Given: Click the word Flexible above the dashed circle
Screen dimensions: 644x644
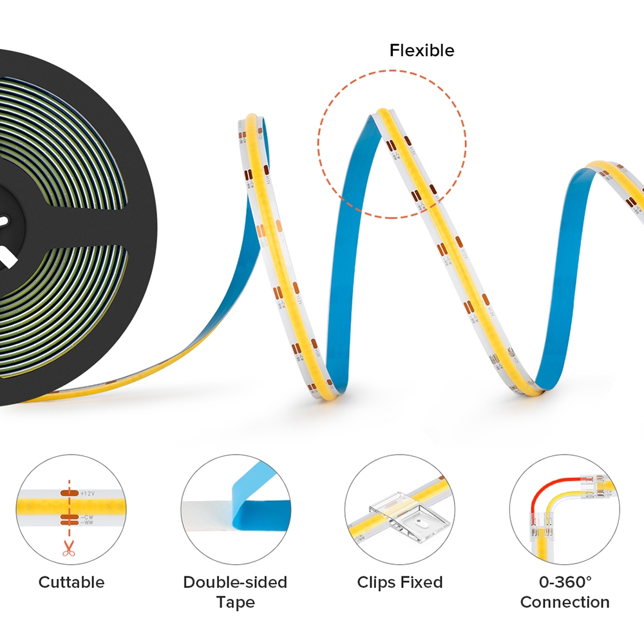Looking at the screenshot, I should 422,51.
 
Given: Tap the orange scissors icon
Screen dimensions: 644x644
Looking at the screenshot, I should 67,548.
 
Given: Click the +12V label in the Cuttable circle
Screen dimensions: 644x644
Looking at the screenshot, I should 87,493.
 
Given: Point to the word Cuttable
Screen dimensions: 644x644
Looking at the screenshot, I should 71,583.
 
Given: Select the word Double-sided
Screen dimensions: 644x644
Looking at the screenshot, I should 235,583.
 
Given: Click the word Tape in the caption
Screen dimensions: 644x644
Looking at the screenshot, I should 235,603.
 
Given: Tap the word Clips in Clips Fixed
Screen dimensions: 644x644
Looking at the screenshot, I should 377,583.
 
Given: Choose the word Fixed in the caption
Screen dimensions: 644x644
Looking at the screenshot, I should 422,583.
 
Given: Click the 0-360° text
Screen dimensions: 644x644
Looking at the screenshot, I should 565,583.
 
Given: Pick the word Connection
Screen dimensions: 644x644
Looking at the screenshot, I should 565,603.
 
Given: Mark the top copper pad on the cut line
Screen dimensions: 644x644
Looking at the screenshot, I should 68,493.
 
